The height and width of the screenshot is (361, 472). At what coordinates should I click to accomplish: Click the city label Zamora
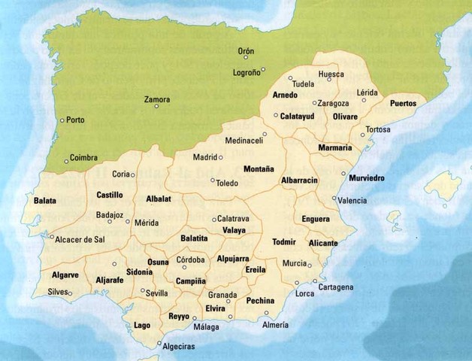157,99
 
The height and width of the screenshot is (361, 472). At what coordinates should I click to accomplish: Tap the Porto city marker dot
62,120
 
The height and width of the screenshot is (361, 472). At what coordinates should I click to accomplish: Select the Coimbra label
83,158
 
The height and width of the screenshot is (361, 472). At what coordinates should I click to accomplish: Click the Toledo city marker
213,180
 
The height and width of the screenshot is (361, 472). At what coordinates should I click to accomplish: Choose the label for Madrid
204,157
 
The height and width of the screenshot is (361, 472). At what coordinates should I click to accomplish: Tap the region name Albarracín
300,181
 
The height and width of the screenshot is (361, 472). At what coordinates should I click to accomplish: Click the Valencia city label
352,201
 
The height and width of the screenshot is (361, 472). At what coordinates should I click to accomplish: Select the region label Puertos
404,103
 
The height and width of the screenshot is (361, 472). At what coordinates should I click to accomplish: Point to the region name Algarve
65,275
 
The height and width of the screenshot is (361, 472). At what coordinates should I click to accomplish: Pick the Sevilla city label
157,293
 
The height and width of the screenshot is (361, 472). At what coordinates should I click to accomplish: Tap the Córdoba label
190,260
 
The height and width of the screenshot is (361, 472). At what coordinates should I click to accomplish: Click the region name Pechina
259,299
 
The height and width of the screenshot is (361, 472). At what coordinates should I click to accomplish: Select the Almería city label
275,324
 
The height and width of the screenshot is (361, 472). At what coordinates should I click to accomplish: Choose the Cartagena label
335,287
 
